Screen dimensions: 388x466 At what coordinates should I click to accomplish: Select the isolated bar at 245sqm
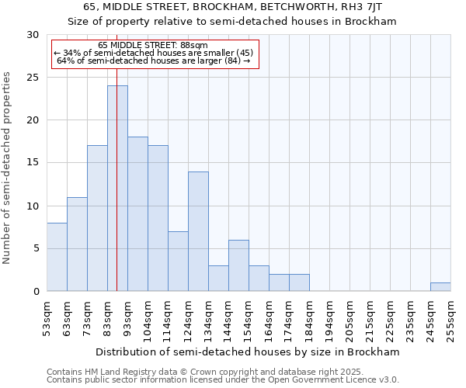pyautogui.click(x=440, y=286)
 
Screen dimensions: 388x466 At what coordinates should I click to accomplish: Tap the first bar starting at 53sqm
pyautogui.click(x=57, y=257)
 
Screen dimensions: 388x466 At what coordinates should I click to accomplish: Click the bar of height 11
pyautogui.click(x=77, y=244)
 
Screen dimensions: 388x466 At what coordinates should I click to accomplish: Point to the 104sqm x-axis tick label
pyautogui.click(x=148, y=319)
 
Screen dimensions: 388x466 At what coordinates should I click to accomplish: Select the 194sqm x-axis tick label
pyautogui.click(x=330, y=319)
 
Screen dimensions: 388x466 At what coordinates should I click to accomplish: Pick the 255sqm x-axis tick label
pyautogui.click(x=451, y=319)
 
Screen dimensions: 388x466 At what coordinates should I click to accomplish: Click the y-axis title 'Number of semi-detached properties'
pyautogui.click(x=8, y=167)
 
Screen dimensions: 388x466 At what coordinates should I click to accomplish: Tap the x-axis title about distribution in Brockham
pyautogui.click(x=249, y=352)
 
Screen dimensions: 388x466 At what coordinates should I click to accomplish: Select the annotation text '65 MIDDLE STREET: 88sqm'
pyautogui.click(x=153, y=45)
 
